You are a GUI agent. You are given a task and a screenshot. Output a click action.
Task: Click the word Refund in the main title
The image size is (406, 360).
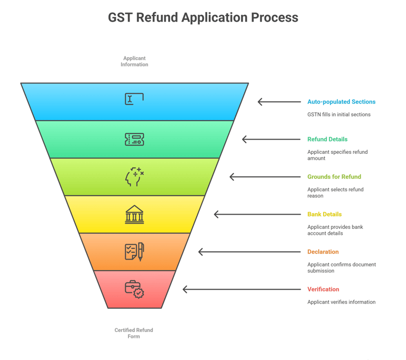[x=158, y=17]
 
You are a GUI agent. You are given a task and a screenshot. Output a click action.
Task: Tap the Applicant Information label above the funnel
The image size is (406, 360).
[x=134, y=61]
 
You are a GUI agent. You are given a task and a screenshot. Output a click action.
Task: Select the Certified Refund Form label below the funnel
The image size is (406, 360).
[x=134, y=333]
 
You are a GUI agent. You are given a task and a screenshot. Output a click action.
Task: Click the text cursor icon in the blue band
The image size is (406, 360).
[x=134, y=99]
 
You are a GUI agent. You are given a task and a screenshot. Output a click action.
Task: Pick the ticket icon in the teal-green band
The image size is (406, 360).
[x=134, y=140]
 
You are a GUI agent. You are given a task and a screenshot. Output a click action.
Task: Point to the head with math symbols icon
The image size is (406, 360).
[x=134, y=177]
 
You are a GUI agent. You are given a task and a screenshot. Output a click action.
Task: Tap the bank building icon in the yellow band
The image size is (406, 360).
[x=134, y=215]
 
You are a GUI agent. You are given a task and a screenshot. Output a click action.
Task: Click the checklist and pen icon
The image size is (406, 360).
[x=134, y=252]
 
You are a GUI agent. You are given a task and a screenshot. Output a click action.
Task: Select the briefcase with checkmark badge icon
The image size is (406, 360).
[x=134, y=289]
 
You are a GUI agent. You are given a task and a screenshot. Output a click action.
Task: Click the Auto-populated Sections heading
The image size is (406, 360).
[x=342, y=102]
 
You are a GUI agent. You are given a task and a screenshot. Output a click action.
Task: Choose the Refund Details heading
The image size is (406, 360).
[x=327, y=140]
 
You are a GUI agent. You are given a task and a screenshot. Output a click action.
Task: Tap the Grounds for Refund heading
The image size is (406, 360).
[x=334, y=177]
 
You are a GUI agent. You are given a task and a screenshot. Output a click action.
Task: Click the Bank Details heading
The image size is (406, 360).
[x=325, y=214]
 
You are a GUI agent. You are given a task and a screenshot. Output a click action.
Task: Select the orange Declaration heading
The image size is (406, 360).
[x=323, y=252]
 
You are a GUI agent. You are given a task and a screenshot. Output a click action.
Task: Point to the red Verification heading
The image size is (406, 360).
[x=323, y=289]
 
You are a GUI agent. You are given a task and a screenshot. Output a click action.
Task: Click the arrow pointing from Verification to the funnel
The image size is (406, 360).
[x=242, y=289]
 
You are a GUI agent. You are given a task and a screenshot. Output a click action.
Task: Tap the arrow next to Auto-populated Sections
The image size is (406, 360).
[x=279, y=102]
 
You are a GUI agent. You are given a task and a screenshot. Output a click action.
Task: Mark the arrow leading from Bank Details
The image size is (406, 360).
[x=257, y=215]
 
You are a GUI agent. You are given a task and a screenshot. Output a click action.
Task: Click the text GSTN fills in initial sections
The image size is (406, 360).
[x=339, y=115]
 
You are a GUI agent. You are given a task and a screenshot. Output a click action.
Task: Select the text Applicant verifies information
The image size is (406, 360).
[x=342, y=302]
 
